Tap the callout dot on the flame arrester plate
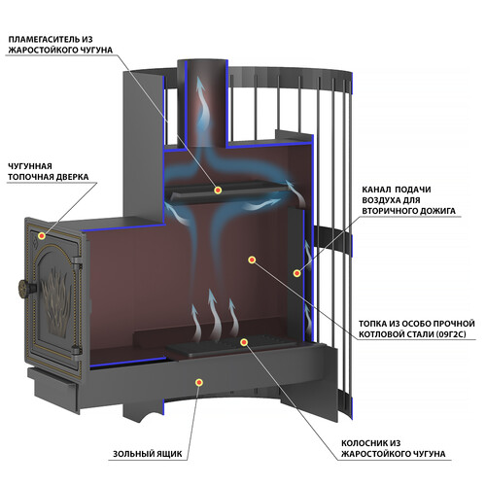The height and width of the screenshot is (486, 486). [218, 190]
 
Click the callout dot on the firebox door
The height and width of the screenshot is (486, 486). [42, 236]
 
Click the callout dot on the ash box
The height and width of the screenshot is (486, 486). [199, 382]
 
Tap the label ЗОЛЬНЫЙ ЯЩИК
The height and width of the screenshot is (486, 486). [148, 454]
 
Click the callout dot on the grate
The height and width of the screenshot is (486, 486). [244, 342]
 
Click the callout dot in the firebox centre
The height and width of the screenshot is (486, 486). [252, 260]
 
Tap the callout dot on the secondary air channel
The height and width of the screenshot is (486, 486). [296, 273]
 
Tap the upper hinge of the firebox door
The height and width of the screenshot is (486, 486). [77, 261]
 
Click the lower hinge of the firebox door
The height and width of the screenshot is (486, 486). [76, 352]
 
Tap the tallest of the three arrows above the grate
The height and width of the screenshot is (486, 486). [213, 313]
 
